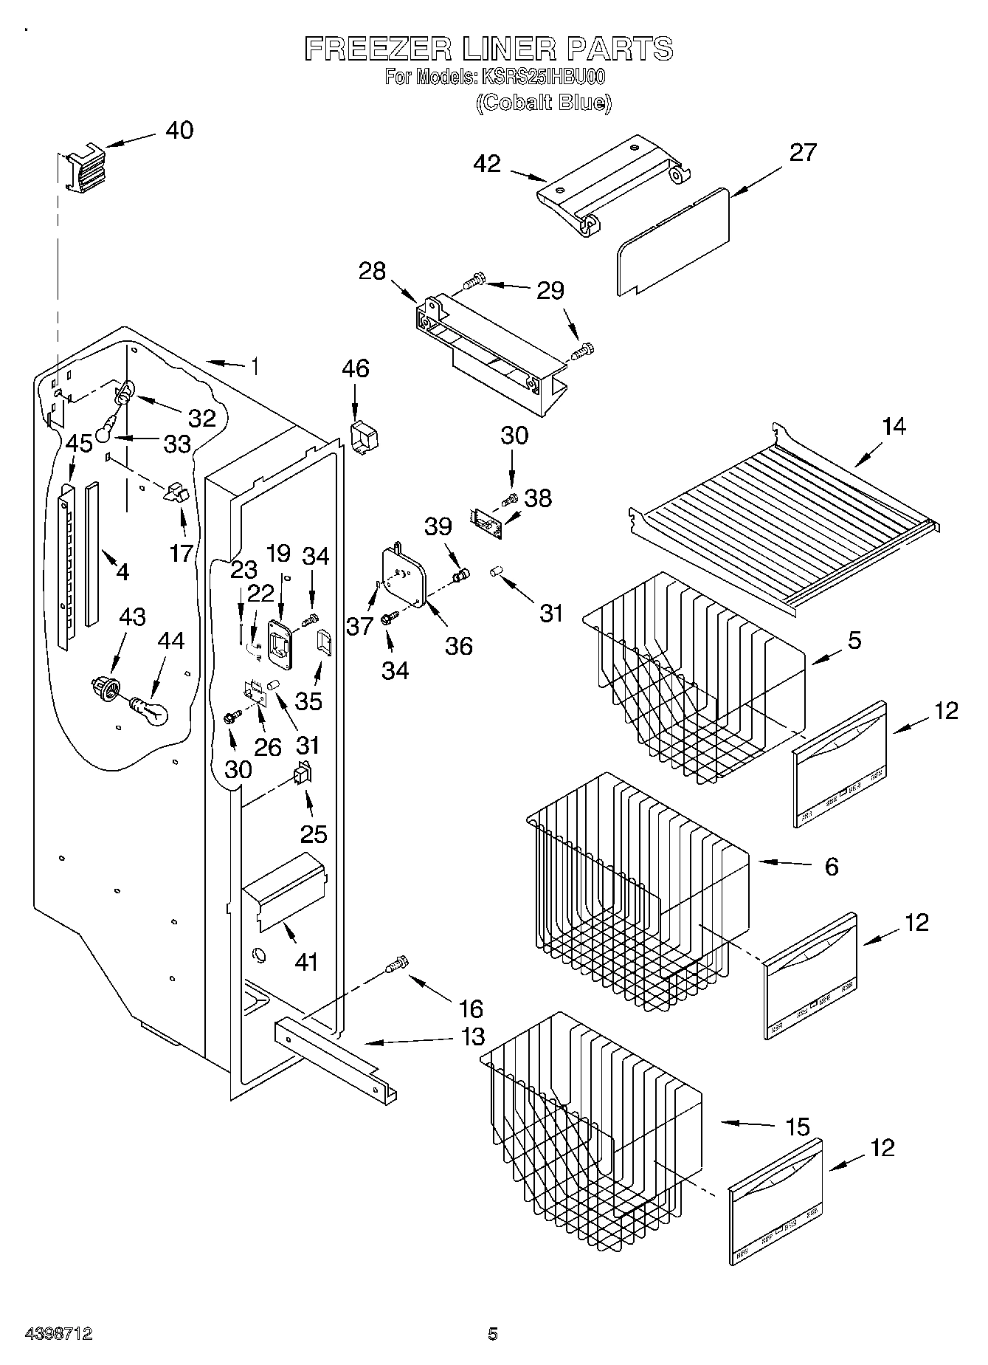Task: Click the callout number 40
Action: pyautogui.click(x=179, y=130)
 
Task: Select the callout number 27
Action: pyautogui.click(x=803, y=152)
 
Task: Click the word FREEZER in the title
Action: pyautogui.click(x=376, y=49)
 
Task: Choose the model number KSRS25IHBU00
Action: pyautogui.click(x=542, y=77)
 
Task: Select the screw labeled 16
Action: pyautogui.click(x=397, y=965)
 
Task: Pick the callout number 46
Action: pyautogui.click(x=356, y=368)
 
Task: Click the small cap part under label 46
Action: pyautogui.click(x=363, y=438)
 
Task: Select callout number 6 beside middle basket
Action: pyautogui.click(x=831, y=866)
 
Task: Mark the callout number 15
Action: pyautogui.click(x=797, y=1126)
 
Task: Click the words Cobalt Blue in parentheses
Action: pyautogui.click(x=544, y=103)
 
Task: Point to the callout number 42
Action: pyautogui.click(x=488, y=163)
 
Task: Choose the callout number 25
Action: pyautogui.click(x=313, y=833)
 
